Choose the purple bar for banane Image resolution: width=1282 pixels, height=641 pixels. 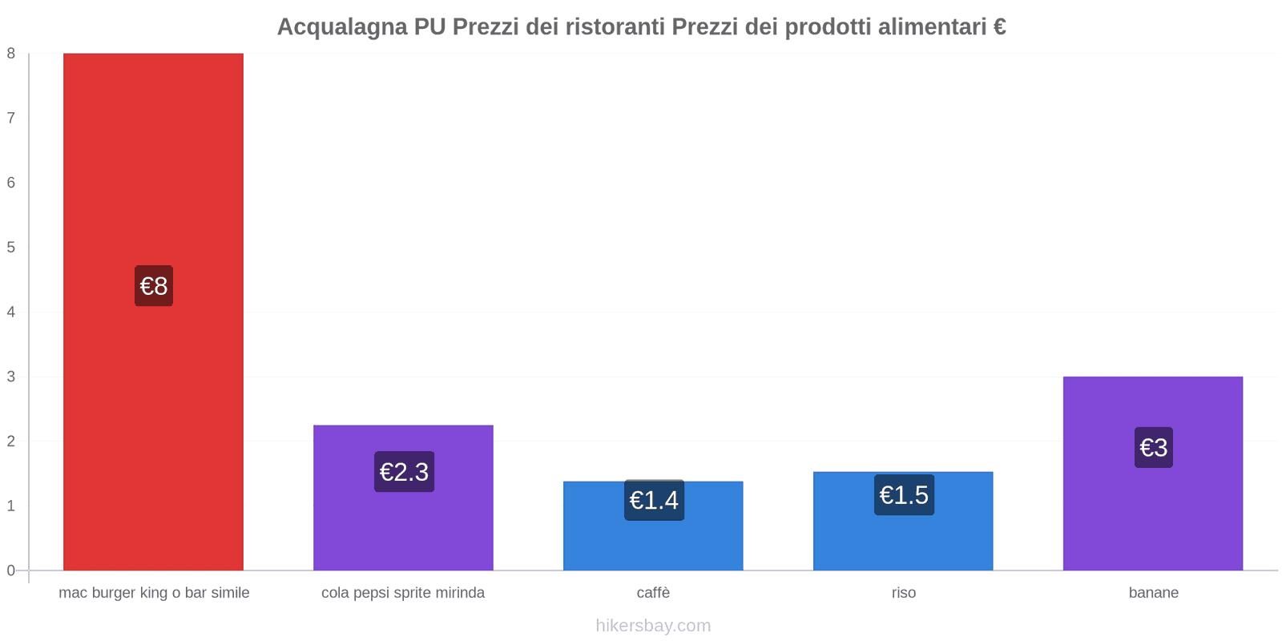tap(1153, 513)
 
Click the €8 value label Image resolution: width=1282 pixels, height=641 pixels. tap(154, 286)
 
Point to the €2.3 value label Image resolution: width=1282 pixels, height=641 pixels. tap(404, 472)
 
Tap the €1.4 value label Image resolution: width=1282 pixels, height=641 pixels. tap(654, 500)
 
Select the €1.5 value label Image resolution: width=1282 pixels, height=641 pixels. tap(904, 495)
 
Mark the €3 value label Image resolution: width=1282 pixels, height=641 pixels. tap(1153, 447)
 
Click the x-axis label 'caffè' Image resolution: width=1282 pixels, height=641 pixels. tap(653, 593)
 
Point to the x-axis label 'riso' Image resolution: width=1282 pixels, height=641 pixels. tap(903, 593)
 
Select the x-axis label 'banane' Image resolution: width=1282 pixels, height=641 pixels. tap(1153, 593)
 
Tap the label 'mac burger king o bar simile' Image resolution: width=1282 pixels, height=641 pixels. tap(154, 593)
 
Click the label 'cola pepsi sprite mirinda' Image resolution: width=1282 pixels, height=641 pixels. tap(403, 593)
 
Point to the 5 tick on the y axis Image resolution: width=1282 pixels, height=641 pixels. tap(11, 248)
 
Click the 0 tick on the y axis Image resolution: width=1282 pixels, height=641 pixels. tap(11, 570)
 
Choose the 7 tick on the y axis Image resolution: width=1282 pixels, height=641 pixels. tap(11, 119)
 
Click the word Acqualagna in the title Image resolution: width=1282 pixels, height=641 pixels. tap(342, 27)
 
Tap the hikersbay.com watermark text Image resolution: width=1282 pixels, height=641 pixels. tap(653, 626)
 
